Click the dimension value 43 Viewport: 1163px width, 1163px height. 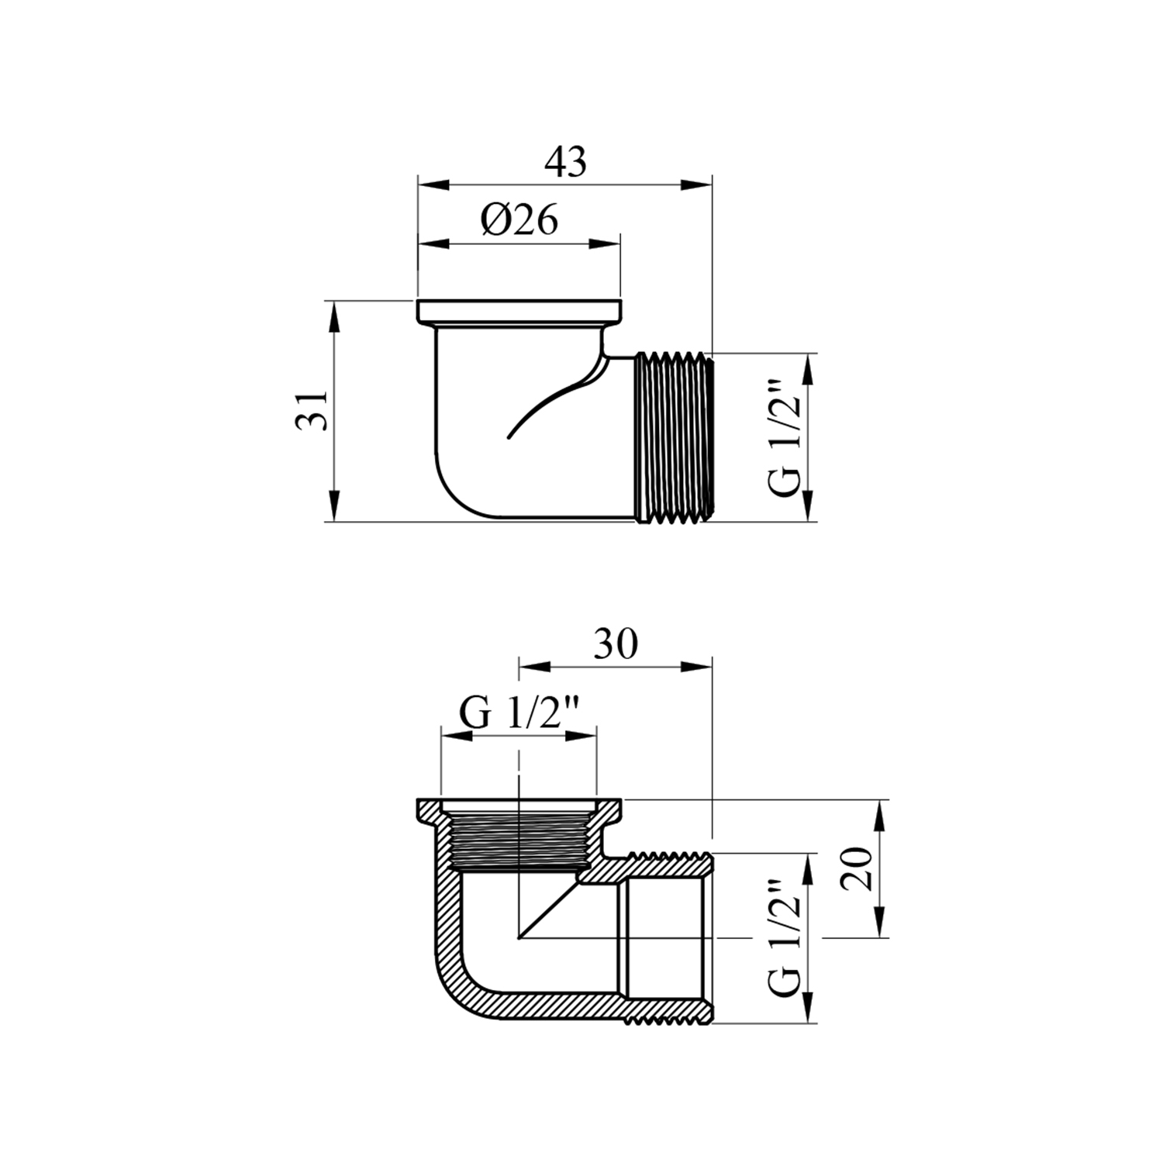coord(566,162)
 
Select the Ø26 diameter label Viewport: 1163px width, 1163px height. coord(519,220)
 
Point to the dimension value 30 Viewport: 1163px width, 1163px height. coord(616,644)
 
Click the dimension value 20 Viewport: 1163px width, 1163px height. coord(859,868)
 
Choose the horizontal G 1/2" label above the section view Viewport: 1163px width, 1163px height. coord(519,712)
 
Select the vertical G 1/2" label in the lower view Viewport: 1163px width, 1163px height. coord(783,938)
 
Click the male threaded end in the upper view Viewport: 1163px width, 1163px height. coord(673,438)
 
